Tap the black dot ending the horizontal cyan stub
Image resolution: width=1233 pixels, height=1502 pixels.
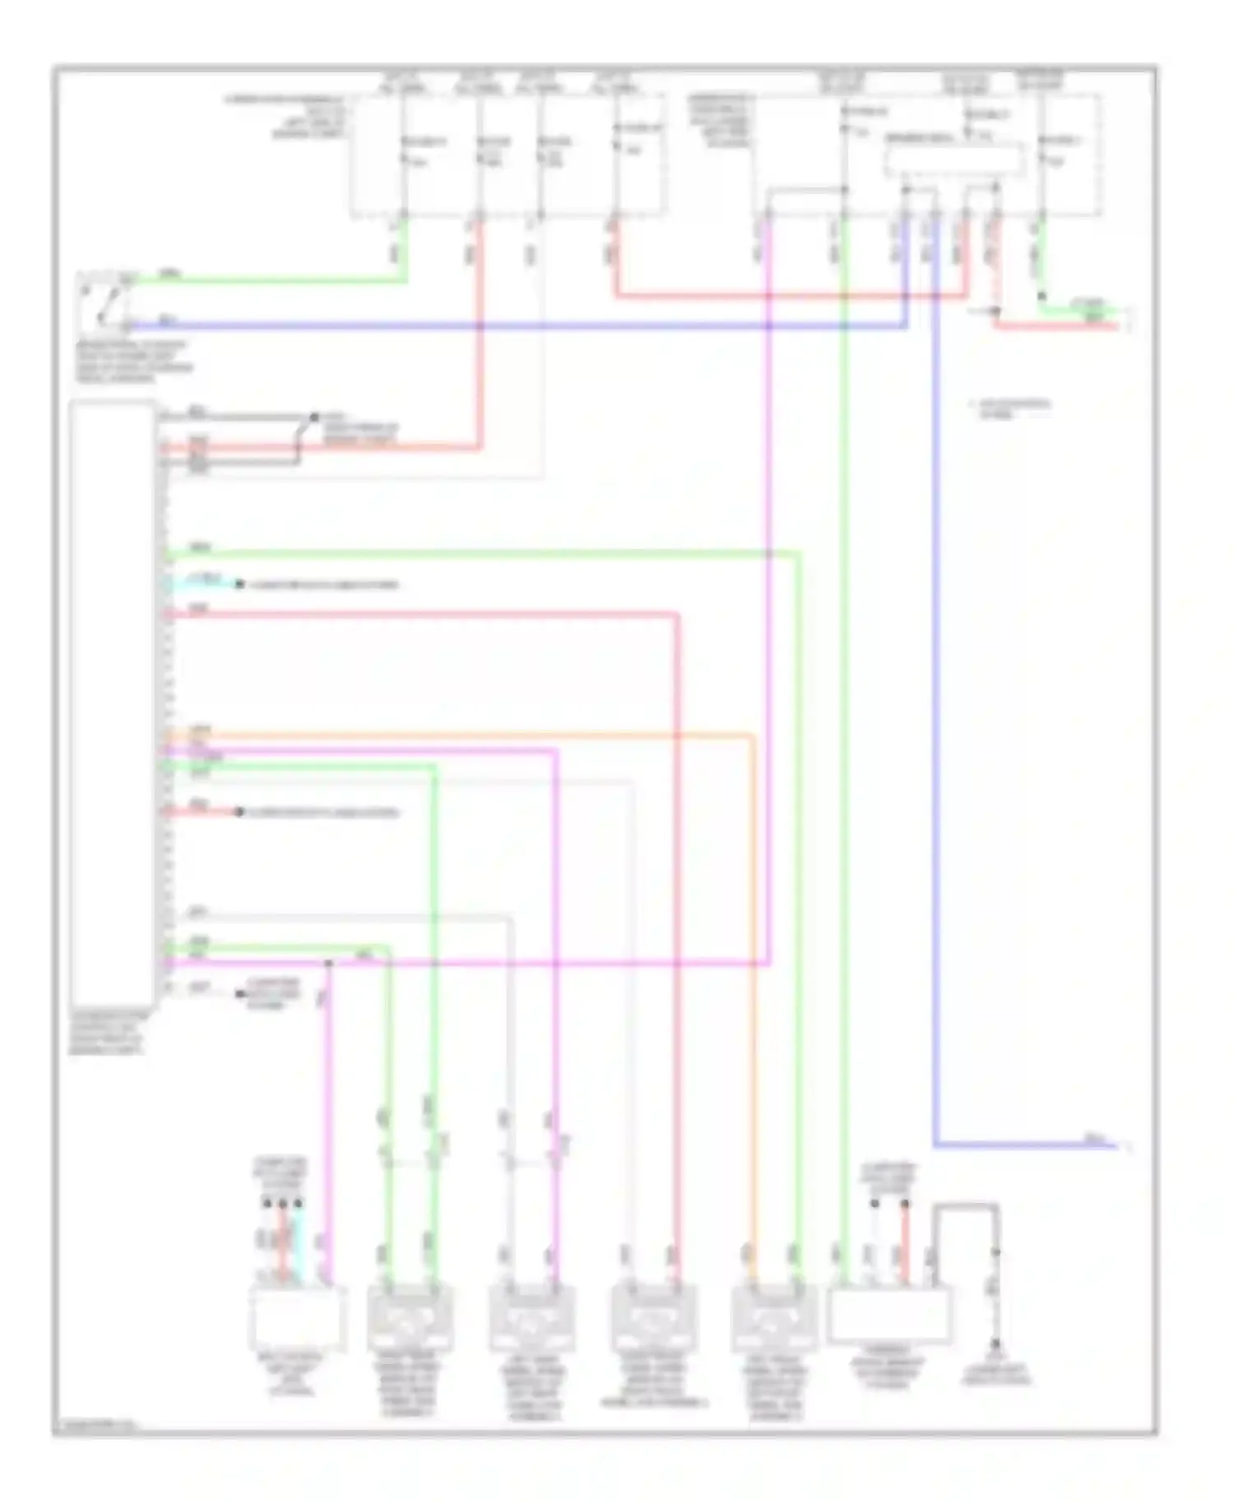(239, 584)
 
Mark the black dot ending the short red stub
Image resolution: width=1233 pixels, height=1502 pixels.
(239, 812)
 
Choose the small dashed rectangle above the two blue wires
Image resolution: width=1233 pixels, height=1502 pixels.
(954, 159)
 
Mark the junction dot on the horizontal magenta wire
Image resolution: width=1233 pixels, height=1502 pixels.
(328, 962)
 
